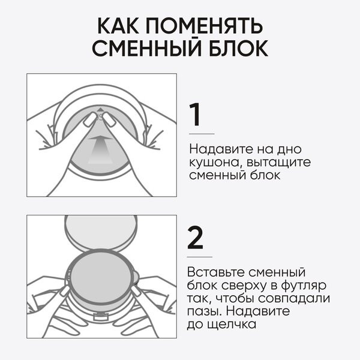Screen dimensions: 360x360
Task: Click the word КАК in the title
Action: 118,25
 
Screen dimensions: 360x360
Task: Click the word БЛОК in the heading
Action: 238,48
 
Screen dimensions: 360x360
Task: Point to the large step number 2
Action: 195,238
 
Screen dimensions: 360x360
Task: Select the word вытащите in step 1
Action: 279,163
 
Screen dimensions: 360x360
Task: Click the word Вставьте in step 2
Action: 215,272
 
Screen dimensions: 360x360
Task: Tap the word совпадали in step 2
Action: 294,299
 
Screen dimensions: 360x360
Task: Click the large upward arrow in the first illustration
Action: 100,150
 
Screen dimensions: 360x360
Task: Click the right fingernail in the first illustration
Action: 109,119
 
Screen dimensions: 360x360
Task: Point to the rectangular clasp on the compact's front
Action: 101,317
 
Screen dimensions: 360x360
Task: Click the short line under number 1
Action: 202,134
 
